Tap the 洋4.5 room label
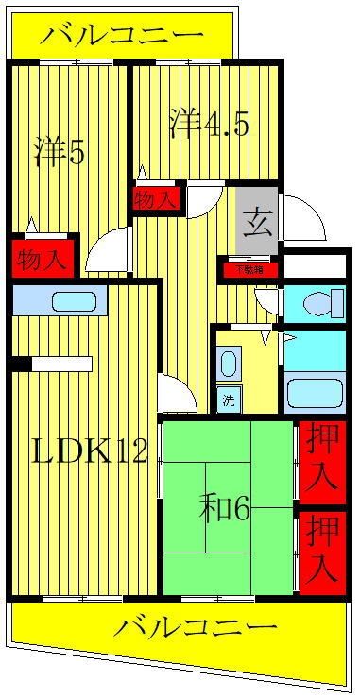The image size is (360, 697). click(x=209, y=124)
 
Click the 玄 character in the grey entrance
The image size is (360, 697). click(x=255, y=225)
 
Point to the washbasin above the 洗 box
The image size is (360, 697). click(x=229, y=364)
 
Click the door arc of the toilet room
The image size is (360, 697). click(x=266, y=300)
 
